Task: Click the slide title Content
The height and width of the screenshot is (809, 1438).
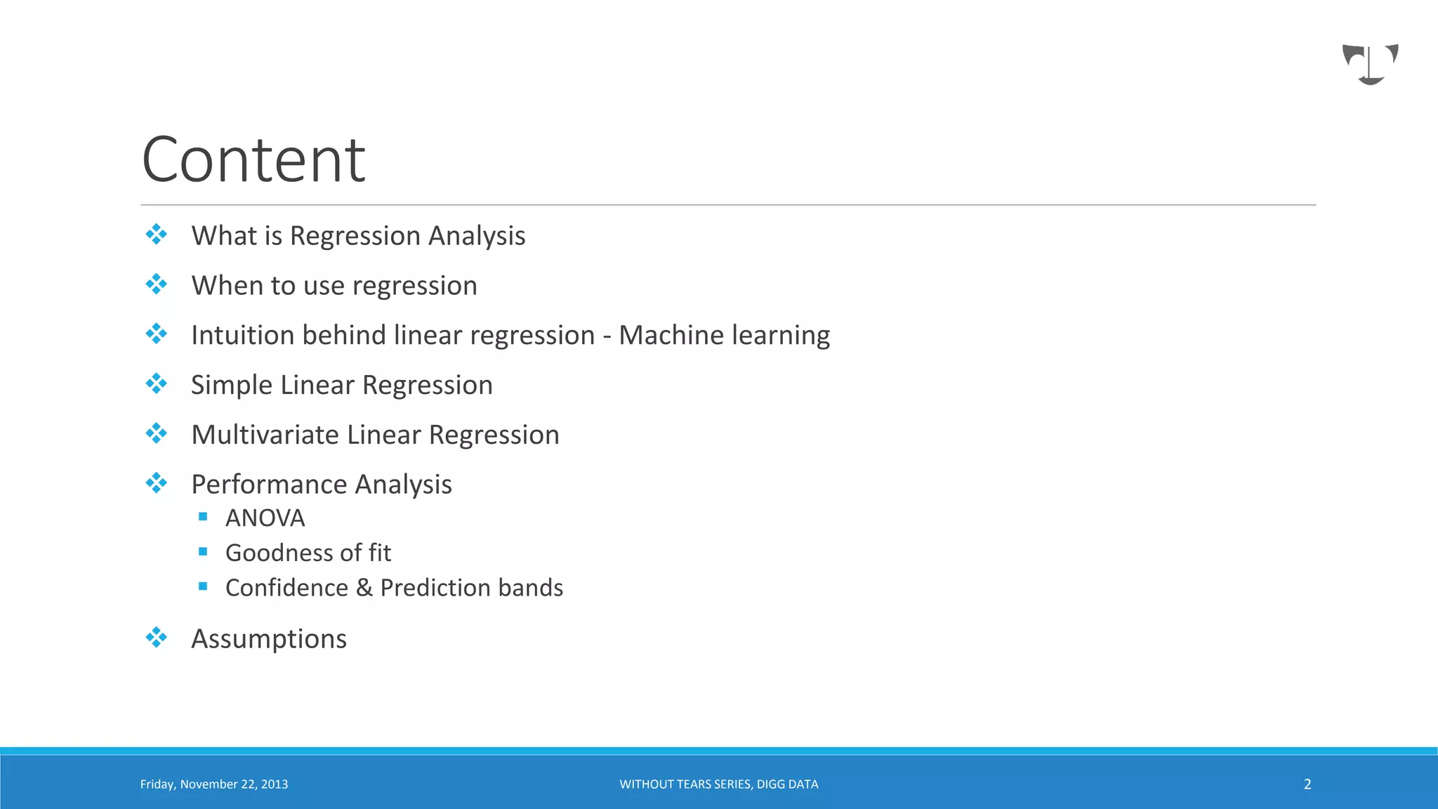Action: (253, 160)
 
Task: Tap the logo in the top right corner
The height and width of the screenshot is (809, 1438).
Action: (1370, 64)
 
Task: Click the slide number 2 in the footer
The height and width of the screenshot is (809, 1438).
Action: (1307, 784)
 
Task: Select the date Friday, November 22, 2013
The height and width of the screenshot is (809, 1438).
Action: (214, 784)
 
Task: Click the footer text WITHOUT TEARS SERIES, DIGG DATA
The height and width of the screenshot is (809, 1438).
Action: (718, 784)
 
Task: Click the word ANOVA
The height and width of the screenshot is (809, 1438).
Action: (265, 518)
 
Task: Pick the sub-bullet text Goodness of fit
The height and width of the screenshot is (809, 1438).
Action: (308, 553)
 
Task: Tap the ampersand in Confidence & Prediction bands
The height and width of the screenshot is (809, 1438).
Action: (364, 588)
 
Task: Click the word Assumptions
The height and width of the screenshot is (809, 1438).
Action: (269, 639)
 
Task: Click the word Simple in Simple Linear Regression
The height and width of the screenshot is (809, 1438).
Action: (231, 386)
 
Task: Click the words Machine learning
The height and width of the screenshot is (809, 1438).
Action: (724, 335)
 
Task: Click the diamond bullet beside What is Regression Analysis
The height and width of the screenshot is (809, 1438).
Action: (156, 235)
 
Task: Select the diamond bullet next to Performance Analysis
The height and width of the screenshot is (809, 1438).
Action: (156, 483)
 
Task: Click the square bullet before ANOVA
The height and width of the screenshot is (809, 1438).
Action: (203, 517)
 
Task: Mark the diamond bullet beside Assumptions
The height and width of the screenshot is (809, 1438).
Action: (156, 638)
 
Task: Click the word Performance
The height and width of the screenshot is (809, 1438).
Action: (269, 485)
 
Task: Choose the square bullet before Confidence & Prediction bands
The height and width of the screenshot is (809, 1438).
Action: (203, 586)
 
